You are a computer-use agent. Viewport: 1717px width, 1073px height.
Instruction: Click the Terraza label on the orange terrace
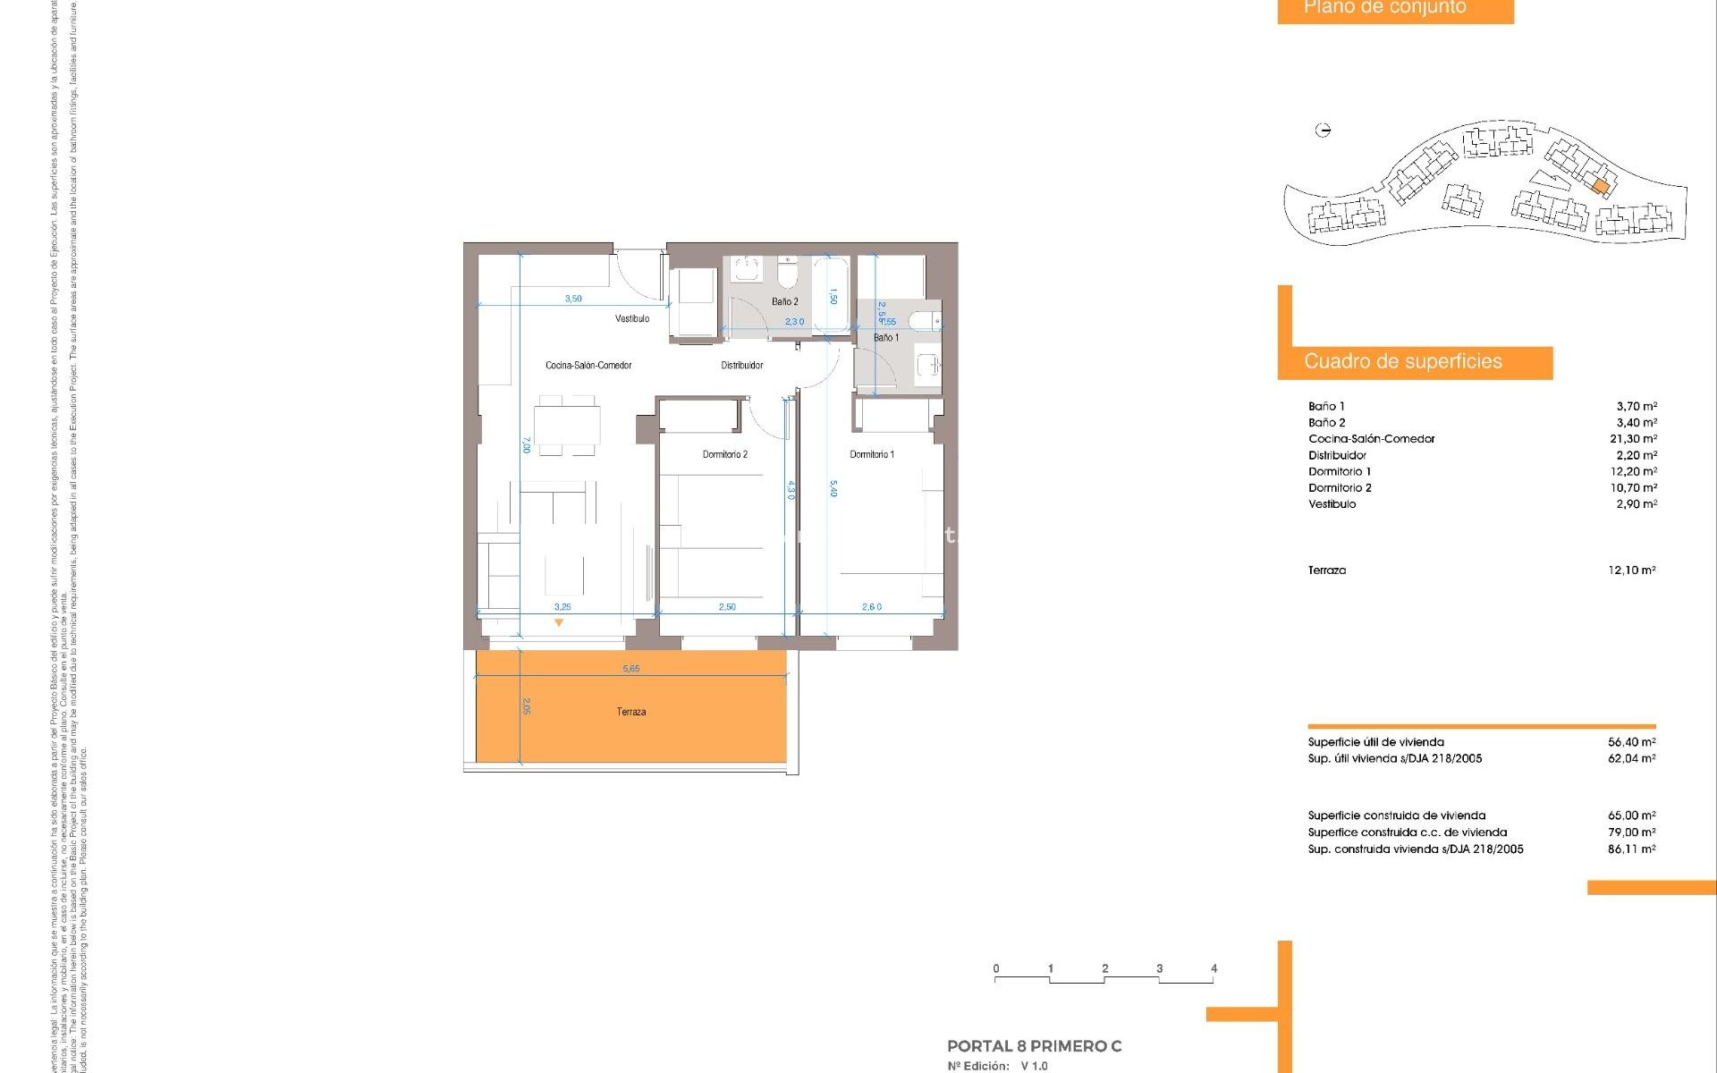pos(630,712)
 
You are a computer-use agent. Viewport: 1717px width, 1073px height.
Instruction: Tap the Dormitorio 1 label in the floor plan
pos(871,454)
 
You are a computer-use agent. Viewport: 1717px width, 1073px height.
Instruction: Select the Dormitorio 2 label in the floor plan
pos(724,454)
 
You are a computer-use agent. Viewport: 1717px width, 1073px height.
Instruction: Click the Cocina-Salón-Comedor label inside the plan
pos(588,365)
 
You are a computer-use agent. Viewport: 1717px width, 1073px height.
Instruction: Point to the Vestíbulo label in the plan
pos(631,318)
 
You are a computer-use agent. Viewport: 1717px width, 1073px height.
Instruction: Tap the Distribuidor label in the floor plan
pos(741,365)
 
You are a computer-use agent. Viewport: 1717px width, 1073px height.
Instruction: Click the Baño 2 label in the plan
pos(784,301)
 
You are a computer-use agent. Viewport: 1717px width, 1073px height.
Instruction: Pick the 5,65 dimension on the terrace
pos(630,669)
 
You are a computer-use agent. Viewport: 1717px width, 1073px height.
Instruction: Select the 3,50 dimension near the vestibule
pos(573,299)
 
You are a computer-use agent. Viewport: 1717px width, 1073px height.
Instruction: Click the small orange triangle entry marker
pos(559,622)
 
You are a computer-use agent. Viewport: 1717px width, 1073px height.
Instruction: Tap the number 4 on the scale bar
pos(1214,968)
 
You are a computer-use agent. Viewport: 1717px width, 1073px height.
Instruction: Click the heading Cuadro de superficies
pos(1402,361)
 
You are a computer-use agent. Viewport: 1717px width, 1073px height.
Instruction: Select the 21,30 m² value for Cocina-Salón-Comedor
pos(1632,439)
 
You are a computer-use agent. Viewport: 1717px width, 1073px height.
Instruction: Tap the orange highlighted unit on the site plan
pos(1600,186)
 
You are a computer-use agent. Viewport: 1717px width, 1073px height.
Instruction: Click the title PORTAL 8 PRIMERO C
pos(1034,1046)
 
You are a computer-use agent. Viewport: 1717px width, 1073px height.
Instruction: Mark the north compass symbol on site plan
pos(1324,131)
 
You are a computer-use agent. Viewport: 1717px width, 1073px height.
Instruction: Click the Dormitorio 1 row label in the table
pos(1339,471)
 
